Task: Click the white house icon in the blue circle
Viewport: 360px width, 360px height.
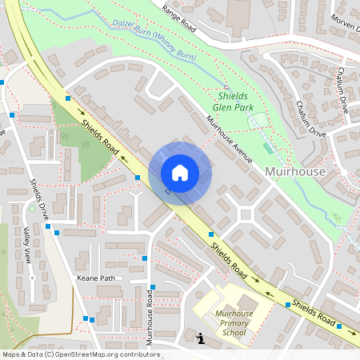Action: (x=180, y=172)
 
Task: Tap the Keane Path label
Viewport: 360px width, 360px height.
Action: (x=95, y=278)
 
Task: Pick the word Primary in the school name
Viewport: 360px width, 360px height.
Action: (x=234, y=323)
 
